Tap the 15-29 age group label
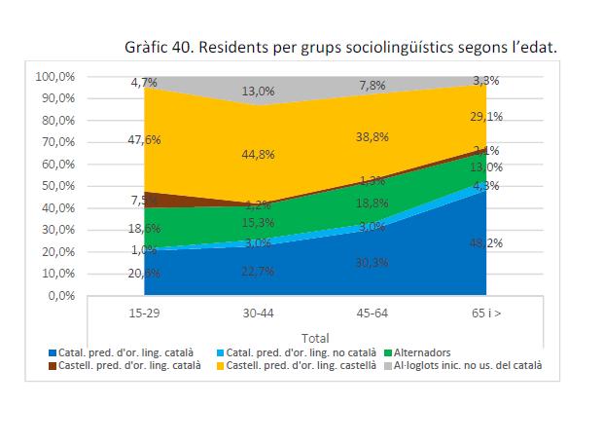click(x=144, y=313)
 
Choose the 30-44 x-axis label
click(x=258, y=313)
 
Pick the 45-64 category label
click(x=372, y=313)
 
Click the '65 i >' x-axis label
click(x=486, y=313)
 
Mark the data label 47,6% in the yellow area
click(x=145, y=140)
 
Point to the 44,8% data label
click(x=259, y=154)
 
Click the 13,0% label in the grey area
click(x=259, y=91)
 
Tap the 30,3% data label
click(x=372, y=262)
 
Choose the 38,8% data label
click(x=372, y=137)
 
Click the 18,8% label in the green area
click(x=372, y=203)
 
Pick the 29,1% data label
click(x=486, y=117)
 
